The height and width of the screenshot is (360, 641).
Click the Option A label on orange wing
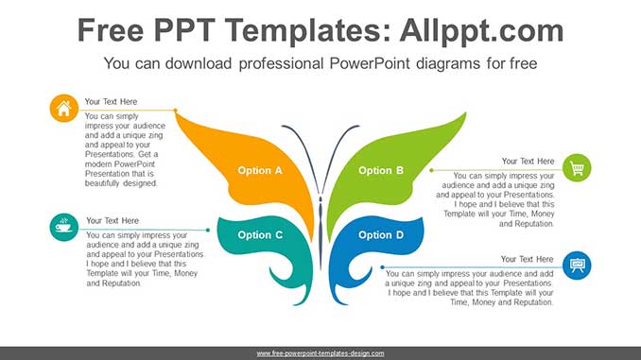260,171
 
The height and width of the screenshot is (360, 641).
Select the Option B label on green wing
381,170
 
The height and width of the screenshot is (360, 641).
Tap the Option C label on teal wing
260,235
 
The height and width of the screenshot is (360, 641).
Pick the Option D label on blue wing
381,235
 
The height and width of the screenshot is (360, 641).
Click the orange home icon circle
63,109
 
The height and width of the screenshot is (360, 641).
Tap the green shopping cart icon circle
577,168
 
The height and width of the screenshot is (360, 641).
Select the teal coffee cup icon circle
63,227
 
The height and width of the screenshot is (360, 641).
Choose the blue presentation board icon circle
577,266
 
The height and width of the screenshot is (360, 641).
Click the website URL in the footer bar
320,352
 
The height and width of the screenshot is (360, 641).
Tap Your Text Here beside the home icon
111,101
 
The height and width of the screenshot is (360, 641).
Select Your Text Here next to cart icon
528,162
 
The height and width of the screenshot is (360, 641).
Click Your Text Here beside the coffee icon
112,221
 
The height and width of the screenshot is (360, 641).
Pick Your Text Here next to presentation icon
528,259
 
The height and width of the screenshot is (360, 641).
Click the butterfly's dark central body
320,227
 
